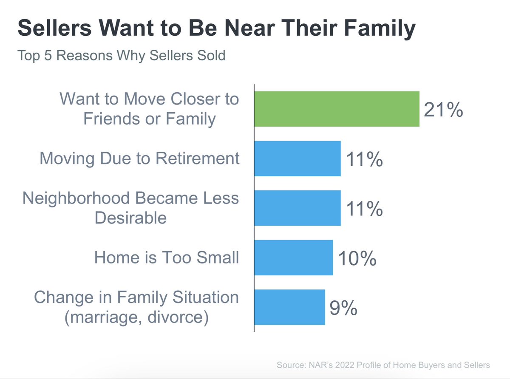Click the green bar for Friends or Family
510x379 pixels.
click(x=337, y=109)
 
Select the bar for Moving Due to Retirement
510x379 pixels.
click(x=297, y=158)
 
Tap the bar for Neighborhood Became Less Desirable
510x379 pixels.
click(x=297, y=208)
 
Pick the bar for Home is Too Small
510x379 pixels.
click(x=293, y=257)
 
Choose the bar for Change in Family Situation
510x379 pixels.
click(x=289, y=307)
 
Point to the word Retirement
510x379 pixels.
click(x=198, y=158)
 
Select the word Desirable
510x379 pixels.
click(x=130, y=218)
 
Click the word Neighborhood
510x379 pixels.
click(x=78, y=198)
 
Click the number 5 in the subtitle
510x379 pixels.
click(x=49, y=56)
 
